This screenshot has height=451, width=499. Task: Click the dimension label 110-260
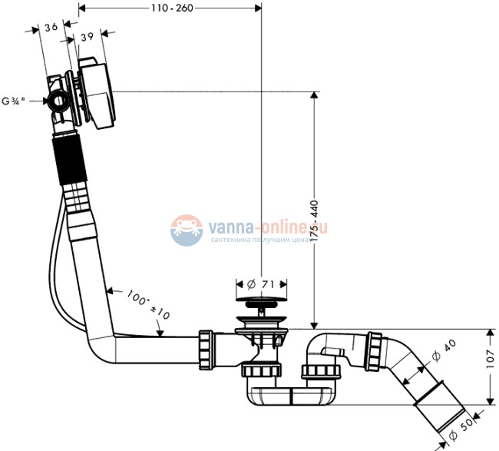tap(172, 8)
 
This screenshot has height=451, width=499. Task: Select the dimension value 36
tap(51, 27)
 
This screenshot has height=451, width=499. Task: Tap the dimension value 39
tap(87, 37)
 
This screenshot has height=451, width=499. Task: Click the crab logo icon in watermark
tap(185, 230)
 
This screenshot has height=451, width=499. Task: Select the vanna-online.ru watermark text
tap(268, 227)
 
